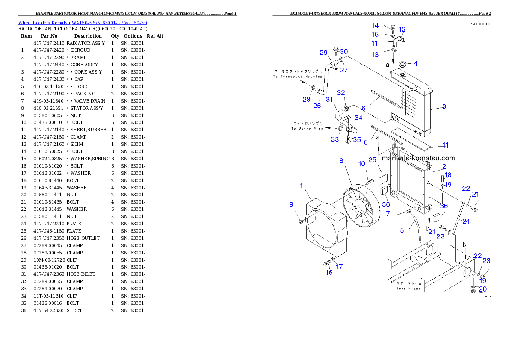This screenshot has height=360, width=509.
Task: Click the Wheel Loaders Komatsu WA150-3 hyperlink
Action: click(x=83, y=23)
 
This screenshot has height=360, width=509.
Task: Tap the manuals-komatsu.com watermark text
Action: click(x=418, y=158)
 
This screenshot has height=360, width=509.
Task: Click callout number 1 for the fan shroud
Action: click(x=301, y=186)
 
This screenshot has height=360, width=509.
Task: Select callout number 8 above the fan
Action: click(x=341, y=161)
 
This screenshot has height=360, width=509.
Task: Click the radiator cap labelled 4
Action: click(x=402, y=65)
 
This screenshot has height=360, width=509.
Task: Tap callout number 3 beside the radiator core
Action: click(x=444, y=106)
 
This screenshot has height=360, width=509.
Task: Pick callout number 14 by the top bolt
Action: click(x=375, y=26)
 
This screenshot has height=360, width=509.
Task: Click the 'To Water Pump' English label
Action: click(x=307, y=128)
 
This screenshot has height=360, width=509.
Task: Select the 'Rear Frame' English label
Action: click(x=408, y=289)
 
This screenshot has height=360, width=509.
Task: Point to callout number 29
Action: click(x=324, y=53)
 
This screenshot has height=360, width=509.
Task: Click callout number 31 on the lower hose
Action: click(x=329, y=100)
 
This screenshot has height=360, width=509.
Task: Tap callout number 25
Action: click(x=372, y=160)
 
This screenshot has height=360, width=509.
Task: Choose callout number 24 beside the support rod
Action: click(x=466, y=221)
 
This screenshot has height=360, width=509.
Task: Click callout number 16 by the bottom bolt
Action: click(x=329, y=272)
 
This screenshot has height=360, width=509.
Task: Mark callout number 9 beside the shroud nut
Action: click(x=291, y=204)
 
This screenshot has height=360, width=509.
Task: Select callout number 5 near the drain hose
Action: click(x=402, y=230)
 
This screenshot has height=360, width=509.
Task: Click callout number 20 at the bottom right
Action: click(x=482, y=289)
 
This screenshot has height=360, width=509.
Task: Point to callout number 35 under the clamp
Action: click(x=357, y=140)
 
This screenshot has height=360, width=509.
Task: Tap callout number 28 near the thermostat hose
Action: click(x=306, y=100)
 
